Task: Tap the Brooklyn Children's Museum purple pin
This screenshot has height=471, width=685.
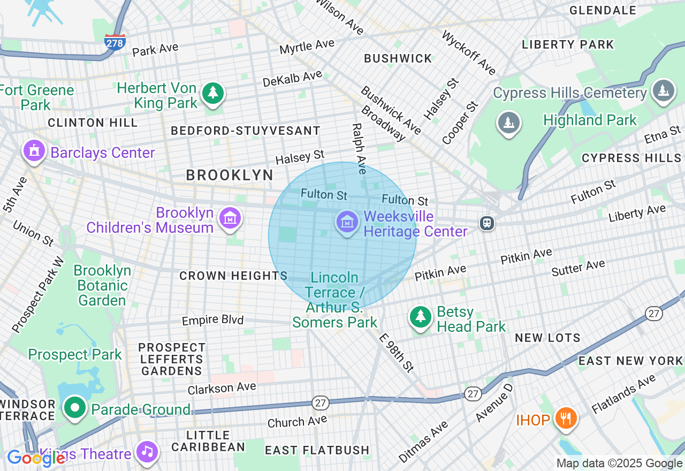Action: click(230, 218)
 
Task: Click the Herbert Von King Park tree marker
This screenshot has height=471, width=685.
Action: click(213, 94)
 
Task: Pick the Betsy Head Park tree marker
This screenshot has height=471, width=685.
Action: click(421, 317)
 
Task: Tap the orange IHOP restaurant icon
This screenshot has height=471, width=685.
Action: click(564, 418)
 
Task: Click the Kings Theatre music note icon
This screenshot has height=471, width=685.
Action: click(147, 452)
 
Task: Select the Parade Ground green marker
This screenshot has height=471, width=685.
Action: click(75, 408)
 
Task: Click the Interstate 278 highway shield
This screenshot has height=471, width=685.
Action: click(115, 42)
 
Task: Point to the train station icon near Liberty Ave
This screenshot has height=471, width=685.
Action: click(486, 223)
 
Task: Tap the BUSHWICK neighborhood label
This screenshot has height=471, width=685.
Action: click(398, 58)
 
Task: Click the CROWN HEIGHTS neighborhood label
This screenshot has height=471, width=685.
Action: click(233, 276)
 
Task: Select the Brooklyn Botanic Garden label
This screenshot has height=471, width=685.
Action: click(102, 285)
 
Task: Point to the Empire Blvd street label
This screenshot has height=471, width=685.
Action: click(212, 320)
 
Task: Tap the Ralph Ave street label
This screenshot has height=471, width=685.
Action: click(359, 149)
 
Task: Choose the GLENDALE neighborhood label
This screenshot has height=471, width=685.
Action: click(603, 10)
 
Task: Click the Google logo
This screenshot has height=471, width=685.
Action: click(36, 458)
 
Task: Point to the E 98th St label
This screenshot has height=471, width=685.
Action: click(396, 352)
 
